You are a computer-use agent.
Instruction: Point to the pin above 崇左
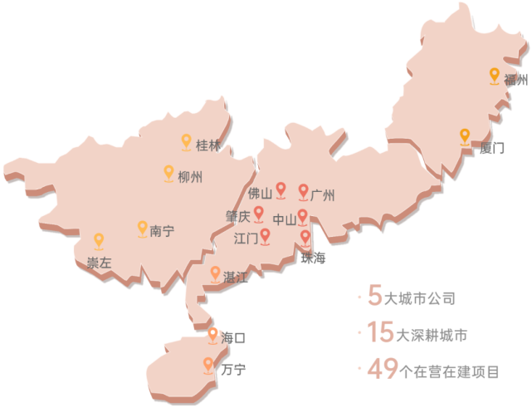tap(99, 241)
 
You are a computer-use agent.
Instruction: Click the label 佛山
tap(260, 194)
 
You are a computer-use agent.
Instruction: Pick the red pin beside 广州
tap(303, 192)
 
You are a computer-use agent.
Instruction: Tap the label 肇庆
tap(237, 216)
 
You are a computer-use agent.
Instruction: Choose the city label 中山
tap(284, 220)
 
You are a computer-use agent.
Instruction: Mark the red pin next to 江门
tap(266, 237)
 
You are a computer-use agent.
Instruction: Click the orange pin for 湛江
tap(215, 273)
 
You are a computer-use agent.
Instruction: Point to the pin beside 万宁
tap(208, 364)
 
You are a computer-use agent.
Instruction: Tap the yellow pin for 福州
tap(495, 76)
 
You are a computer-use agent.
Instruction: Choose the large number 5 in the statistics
tap(374, 295)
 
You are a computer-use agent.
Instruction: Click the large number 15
tap(378, 334)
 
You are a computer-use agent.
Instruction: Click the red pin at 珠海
tap(305, 238)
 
